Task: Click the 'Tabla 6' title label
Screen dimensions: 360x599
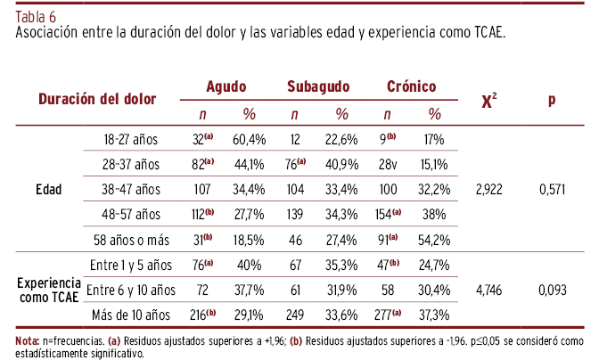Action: [x=33, y=16]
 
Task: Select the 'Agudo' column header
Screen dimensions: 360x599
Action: [x=226, y=87]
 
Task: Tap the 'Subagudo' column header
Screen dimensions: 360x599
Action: [x=317, y=87]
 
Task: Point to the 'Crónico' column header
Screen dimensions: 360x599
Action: [x=411, y=87]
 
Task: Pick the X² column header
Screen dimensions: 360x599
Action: [x=488, y=101]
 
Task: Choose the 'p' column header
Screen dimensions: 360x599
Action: [x=552, y=101]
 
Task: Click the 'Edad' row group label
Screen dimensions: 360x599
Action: [x=49, y=189]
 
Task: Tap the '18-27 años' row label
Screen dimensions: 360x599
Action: [x=131, y=139]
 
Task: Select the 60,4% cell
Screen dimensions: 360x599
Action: [x=250, y=139]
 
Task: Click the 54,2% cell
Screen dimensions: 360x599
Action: [x=434, y=240]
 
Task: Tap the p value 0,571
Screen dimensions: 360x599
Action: [x=552, y=189]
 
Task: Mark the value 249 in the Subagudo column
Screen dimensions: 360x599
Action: [x=294, y=315]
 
